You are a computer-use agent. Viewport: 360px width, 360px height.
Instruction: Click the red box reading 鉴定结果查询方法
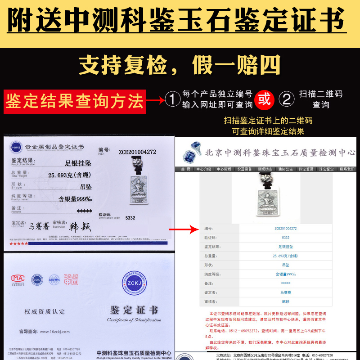(74, 100)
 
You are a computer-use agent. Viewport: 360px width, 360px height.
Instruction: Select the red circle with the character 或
(265, 99)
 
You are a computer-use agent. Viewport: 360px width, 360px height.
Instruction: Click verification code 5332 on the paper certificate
(130, 218)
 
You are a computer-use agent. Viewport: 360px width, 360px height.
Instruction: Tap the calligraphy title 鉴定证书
(134, 310)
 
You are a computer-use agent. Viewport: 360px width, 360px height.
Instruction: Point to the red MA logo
(17, 279)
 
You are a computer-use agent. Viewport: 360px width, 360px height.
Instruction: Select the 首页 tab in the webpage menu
(186, 169)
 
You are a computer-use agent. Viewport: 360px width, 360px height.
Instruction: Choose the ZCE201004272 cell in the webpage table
(285, 229)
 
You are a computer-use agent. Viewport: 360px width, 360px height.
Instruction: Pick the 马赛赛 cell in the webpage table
(285, 292)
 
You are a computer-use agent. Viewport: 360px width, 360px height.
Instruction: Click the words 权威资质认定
(45, 311)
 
